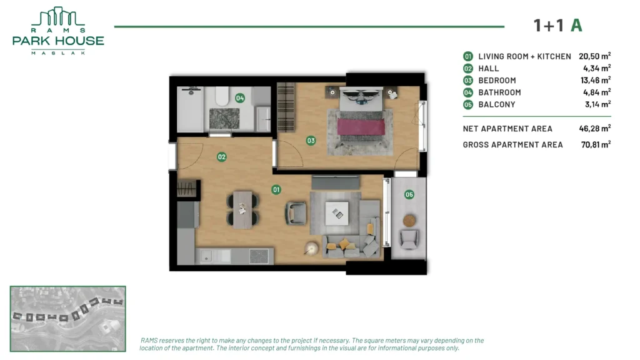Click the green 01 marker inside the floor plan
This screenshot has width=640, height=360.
276,189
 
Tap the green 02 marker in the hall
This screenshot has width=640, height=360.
222,157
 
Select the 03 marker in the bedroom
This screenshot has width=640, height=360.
311,141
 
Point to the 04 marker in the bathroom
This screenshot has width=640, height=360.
240,98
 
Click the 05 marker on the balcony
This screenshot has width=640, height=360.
409,195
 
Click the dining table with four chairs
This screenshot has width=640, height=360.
243,209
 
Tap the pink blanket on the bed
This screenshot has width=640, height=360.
361,126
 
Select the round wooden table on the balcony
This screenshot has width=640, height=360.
409,221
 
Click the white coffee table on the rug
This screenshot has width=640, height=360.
337,213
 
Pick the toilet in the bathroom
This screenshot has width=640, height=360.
222,96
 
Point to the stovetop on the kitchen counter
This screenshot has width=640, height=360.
259,256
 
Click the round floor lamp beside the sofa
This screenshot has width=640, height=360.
311,249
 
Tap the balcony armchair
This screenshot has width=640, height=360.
409,239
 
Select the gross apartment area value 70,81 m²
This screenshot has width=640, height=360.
596,144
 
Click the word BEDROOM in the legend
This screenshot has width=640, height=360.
497,81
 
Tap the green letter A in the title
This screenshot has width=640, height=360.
576,25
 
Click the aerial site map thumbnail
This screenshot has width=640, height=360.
67,319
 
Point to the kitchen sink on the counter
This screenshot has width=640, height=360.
206,256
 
